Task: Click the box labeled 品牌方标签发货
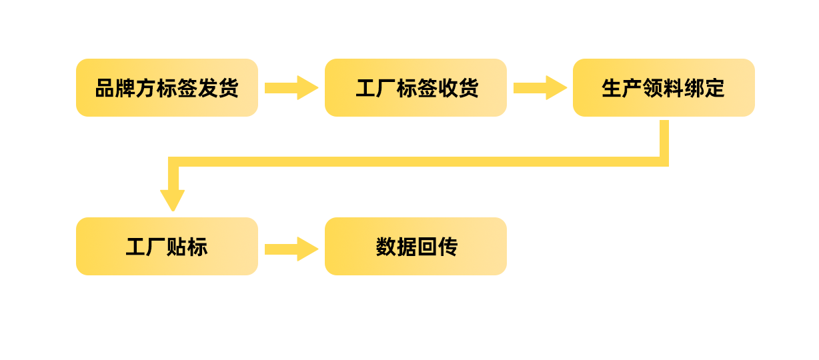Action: pyautogui.click(x=167, y=87)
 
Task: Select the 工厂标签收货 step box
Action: pyautogui.click(x=416, y=87)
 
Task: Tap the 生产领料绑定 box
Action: pyautogui.click(x=664, y=87)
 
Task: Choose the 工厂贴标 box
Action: pyautogui.click(x=167, y=246)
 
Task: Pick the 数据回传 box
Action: pyautogui.click(x=416, y=246)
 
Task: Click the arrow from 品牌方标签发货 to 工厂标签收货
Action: pyautogui.click(x=291, y=87)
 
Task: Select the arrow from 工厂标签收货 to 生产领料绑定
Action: pyautogui.click(x=540, y=87)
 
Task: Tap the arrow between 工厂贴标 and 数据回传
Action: pyautogui.click(x=291, y=249)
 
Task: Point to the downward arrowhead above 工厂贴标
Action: pyautogui.click(x=173, y=199)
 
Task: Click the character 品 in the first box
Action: pyautogui.click(x=105, y=88)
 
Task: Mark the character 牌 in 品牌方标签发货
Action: pyautogui.click(x=126, y=88)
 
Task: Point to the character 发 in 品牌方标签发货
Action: pyautogui.click(x=207, y=88)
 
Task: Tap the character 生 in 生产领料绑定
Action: pyautogui.click(x=612, y=88)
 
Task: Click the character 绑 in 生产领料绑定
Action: pyautogui.click(x=694, y=88)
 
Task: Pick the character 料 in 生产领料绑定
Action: pyautogui.click(x=674, y=88)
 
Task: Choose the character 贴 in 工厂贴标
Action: pyautogui.click(x=177, y=247)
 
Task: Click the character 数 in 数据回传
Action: pyautogui.click(x=385, y=247)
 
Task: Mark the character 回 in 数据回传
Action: pyautogui.click(x=426, y=247)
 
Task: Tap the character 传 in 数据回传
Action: pyautogui.click(x=447, y=247)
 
